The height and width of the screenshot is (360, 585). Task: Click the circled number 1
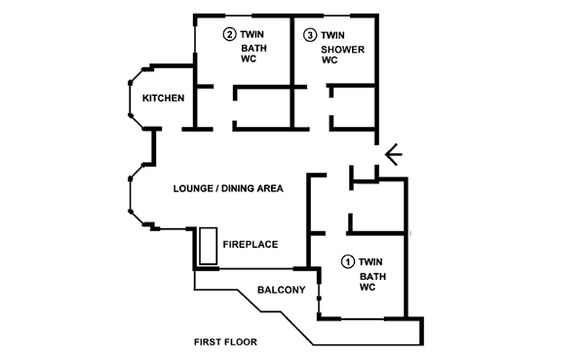point(347,261)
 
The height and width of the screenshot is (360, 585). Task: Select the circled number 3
point(309,35)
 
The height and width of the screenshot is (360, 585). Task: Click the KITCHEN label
point(164,99)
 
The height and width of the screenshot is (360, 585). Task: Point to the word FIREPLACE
point(251,245)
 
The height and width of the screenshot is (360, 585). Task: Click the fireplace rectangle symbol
point(208,246)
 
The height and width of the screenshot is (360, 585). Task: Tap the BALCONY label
point(282,290)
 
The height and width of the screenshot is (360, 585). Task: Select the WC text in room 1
point(368,288)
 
